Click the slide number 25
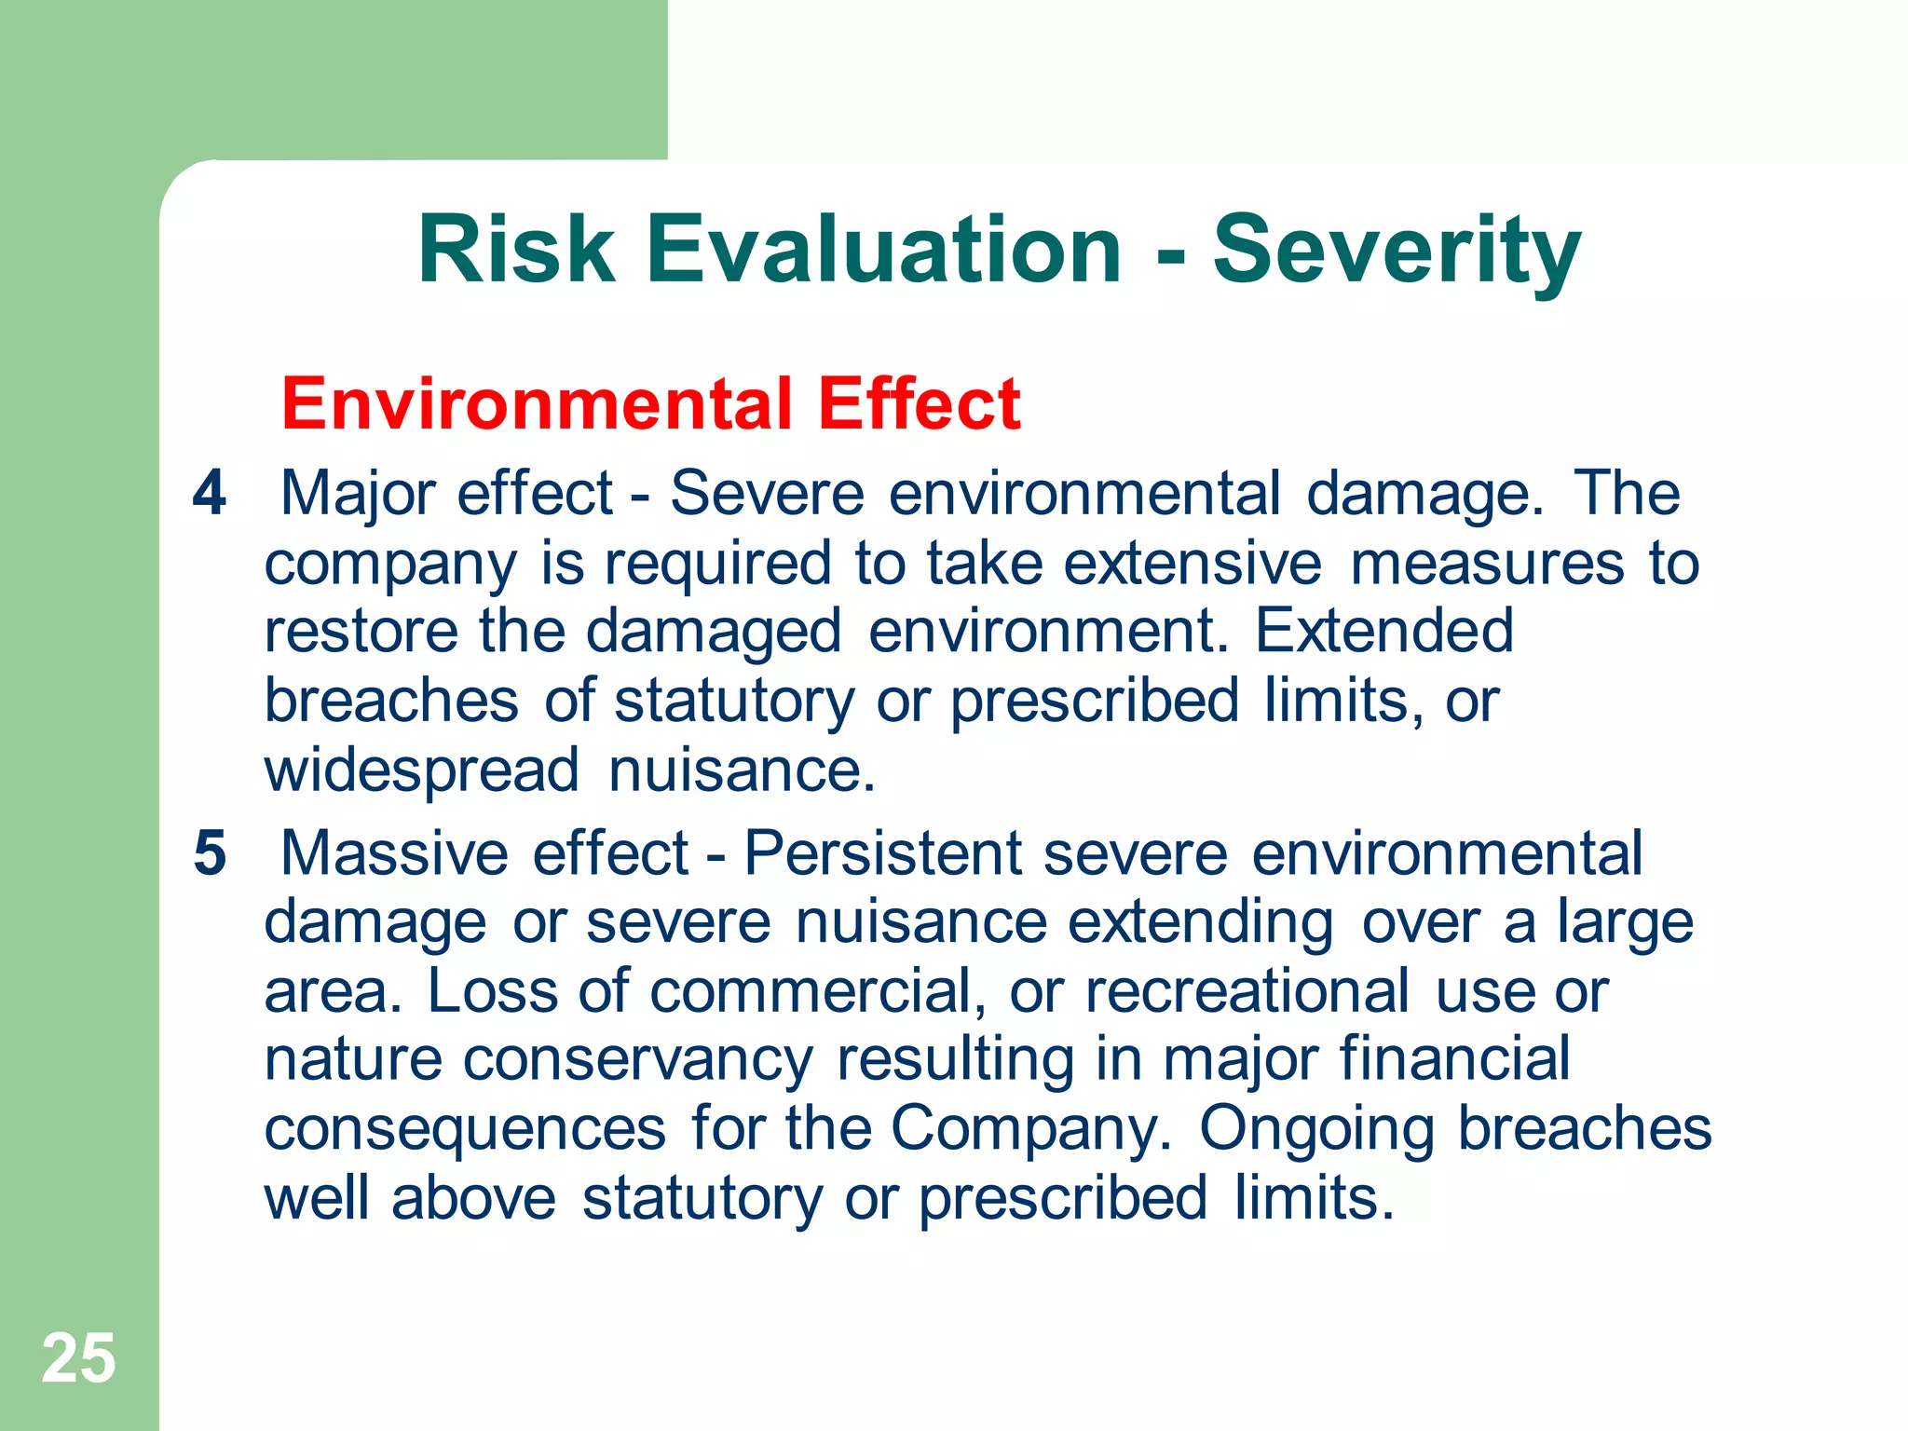[x=78, y=1358]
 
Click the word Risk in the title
[x=516, y=250]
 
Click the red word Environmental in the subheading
[x=537, y=404]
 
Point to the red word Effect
[x=919, y=404]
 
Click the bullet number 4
[x=210, y=493]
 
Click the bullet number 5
[x=210, y=852]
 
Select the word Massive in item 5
[x=395, y=852]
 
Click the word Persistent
[x=882, y=852]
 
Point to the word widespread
[x=422, y=770]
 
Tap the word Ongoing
[x=1316, y=1129]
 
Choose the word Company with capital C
[x=1030, y=1129]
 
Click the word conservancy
[x=637, y=1060]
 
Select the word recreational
[x=1247, y=991]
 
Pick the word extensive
[x=1192, y=564]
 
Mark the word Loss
[x=492, y=991]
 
